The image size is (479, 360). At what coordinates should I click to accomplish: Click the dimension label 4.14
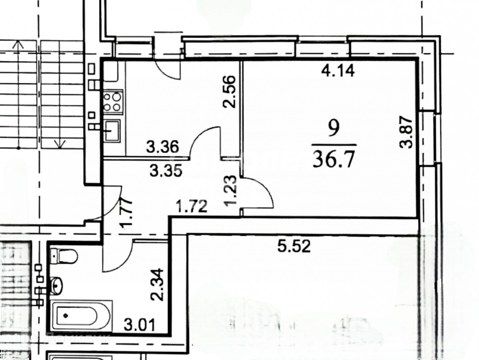[x=338, y=71]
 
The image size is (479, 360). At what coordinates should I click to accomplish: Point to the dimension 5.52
[x=294, y=246]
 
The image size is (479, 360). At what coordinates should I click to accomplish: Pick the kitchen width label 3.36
[x=163, y=147]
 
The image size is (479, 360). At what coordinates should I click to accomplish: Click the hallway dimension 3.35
[x=166, y=171]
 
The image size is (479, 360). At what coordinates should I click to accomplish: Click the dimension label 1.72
[x=192, y=207]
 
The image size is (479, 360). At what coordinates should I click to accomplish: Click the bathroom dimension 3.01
[x=139, y=324]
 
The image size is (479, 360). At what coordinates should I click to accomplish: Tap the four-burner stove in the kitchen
[x=113, y=102]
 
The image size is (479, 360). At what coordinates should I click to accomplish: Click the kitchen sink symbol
[x=111, y=131]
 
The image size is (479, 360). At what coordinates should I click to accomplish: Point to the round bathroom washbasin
[x=57, y=285]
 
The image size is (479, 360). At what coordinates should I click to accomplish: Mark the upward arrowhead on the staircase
[x=18, y=44]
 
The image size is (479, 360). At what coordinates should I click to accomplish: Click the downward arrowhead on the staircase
[x=60, y=144]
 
